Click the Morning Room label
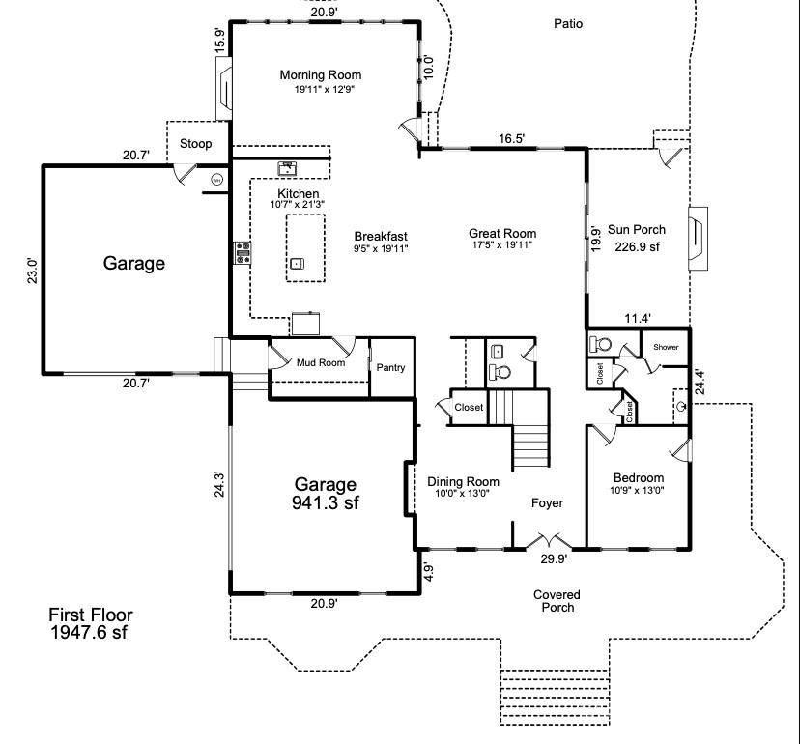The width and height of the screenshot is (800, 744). point(320,75)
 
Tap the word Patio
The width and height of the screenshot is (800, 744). point(568,23)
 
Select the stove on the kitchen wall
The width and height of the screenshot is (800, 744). point(243,253)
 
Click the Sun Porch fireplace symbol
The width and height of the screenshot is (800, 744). point(697,237)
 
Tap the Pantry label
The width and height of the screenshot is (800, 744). point(390,368)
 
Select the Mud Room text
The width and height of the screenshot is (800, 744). point(320,363)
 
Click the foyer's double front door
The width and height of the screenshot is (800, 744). point(550,541)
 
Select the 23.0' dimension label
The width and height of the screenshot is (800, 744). point(32,270)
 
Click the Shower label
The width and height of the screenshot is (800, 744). point(666,347)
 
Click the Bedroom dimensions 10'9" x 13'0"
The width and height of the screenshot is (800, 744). point(639,492)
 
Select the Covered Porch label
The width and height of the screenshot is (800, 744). point(557,601)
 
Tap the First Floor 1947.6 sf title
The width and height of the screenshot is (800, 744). point(91,623)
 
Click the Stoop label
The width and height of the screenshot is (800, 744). point(196,144)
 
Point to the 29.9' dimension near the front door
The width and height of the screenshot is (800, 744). point(554,559)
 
